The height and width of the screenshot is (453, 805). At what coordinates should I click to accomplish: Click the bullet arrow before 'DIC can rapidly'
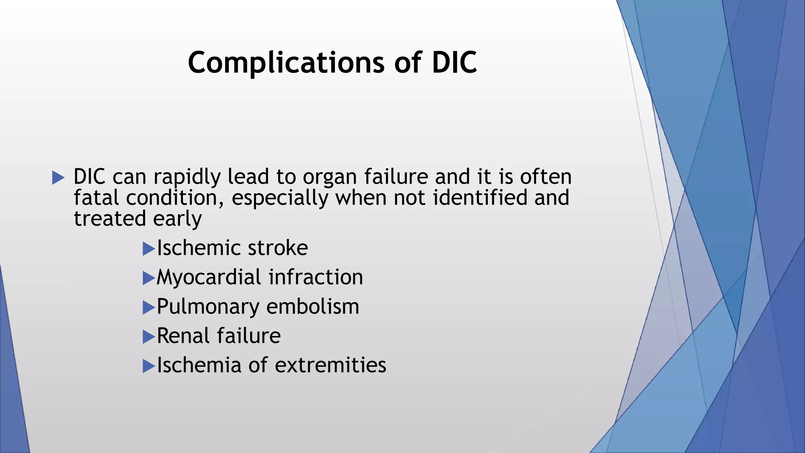(x=58, y=178)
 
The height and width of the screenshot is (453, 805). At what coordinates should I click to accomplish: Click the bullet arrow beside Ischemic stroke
(x=149, y=249)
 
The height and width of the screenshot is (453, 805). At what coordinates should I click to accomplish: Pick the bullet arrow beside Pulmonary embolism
(x=149, y=308)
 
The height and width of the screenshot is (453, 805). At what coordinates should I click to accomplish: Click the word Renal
(x=183, y=336)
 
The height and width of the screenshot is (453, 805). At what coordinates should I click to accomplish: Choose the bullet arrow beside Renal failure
(x=149, y=337)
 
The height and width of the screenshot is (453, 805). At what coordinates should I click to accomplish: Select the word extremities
(x=330, y=365)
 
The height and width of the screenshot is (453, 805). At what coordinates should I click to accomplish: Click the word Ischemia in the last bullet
(x=199, y=365)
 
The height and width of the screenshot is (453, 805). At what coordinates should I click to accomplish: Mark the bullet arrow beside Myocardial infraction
(x=149, y=278)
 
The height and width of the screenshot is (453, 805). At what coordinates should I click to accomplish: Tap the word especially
(x=280, y=198)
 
